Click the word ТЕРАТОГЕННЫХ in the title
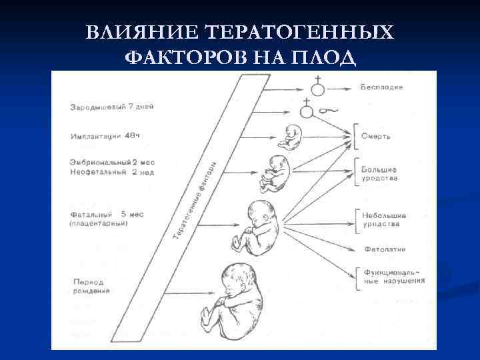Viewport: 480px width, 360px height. (x=299, y=33)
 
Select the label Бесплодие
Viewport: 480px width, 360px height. (x=381, y=87)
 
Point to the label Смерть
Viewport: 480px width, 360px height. (x=377, y=136)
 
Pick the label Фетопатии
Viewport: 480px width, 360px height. (x=385, y=249)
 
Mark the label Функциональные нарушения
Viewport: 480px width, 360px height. (x=394, y=276)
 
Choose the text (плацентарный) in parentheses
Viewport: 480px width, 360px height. (x=99, y=224)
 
